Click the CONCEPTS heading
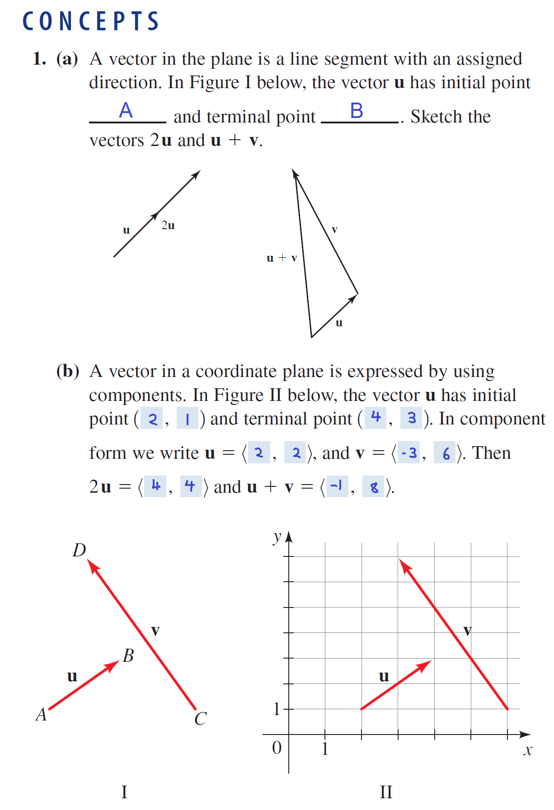point(91,21)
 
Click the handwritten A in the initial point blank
point(126,110)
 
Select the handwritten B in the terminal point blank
point(357,111)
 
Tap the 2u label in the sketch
point(168,225)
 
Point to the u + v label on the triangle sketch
point(282,258)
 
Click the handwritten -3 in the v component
point(409,452)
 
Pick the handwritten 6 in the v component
point(446,453)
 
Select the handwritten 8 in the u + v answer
point(374,487)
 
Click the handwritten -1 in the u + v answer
point(336,486)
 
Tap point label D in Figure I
point(79,550)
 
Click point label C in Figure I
point(200,719)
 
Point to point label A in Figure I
point(41,715)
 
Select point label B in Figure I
point(128,655)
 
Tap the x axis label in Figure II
point(527,751)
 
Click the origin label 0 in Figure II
point(277,748)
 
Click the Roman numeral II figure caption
point(386,792)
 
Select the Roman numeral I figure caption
point(124,792)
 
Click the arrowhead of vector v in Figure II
point(404,565)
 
